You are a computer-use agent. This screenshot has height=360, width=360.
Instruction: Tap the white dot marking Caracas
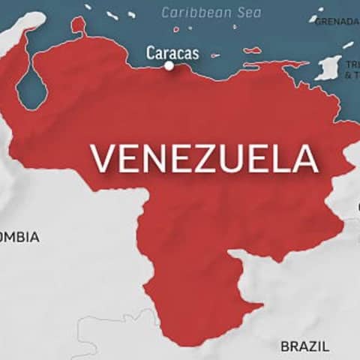click(x=169, y=66)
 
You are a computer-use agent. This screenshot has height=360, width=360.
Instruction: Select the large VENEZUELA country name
click(x=203, y=157)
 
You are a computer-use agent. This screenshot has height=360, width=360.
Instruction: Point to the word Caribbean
click(x=192, y=13)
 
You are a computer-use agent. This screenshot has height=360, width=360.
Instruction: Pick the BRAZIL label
click(x=304, y=346)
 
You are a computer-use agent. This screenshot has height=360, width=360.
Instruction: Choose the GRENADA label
click(x=337, y=21)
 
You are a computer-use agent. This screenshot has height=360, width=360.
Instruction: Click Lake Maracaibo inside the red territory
click(x=31, y=88)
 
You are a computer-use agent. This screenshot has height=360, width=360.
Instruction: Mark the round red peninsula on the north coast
click(x=78, y=26)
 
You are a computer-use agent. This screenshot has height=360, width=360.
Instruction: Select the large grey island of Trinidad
click(x=328, y=68)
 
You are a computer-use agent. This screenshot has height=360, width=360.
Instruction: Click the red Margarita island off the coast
click(x=253, y=51)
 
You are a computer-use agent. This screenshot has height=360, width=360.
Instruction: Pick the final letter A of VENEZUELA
click(x=305, y=158)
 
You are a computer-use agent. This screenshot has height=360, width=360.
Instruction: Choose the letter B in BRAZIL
click(x=285, y=346)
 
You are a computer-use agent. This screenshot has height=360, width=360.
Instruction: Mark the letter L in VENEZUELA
click(x=280, y=158)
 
